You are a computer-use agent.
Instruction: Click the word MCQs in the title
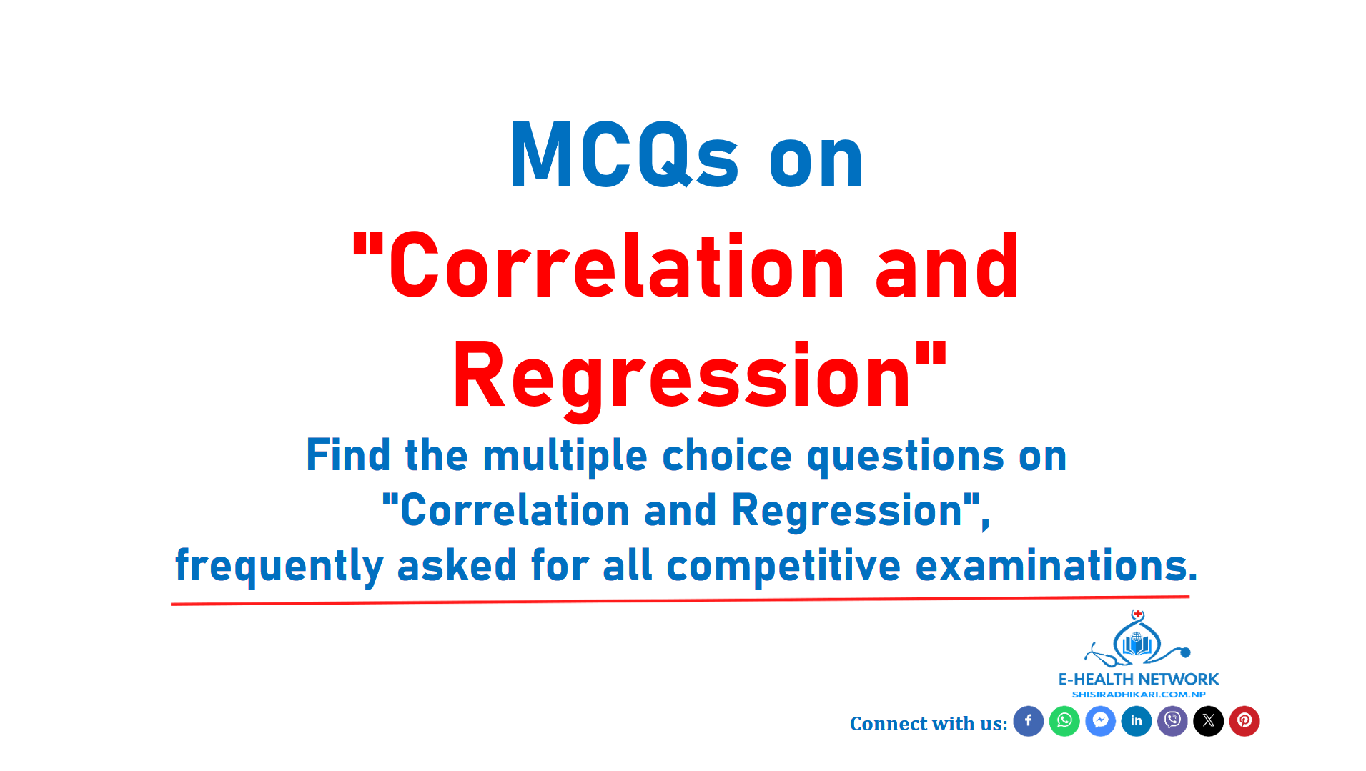(624, 155)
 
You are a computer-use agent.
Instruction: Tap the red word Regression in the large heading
(682, 377)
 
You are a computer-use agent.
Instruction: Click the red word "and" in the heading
(946, 266)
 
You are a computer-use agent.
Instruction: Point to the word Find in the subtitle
(348, 455)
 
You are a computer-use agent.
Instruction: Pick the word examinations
(1056, 565)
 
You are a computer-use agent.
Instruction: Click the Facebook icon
(1028, 721)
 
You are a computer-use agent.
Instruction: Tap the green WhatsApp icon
(1064, 721)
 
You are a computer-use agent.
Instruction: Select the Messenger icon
(1100, 721)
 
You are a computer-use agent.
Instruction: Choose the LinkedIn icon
(1137, 721)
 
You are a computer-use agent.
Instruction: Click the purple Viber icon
(1172, 721)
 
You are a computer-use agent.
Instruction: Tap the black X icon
(1209, 721)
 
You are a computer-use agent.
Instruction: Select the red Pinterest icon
(1244, 721)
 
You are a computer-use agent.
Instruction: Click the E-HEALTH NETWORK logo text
(1139, 679)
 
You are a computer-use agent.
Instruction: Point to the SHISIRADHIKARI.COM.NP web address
(1139, 695)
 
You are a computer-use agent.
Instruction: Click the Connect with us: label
(929, 724)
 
